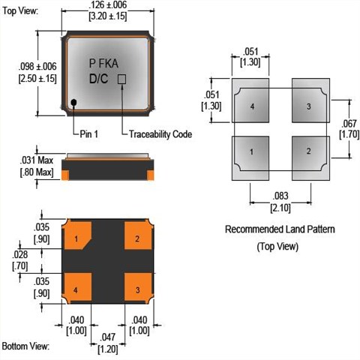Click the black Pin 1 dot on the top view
tap(73, 102)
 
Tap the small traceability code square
tap(121, 79)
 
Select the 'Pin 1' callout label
tap(88, 134)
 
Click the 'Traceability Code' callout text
tap(160, 134)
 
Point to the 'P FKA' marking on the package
tap(103, 64)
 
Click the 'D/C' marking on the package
tap(99, 79)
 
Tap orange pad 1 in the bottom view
tap(76, 235)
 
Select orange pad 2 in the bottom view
tap(138, 235)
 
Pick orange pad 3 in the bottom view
tap(138, 288)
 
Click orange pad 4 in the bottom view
tap(76, 288)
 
